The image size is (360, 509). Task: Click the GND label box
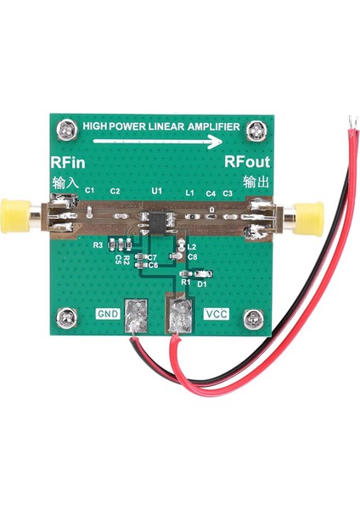point(108,313)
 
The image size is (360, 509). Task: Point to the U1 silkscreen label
point(156,193)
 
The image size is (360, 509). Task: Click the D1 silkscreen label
point(202,284)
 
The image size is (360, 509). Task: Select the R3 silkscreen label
point(98,245)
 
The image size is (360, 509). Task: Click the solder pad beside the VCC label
point(180,318)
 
